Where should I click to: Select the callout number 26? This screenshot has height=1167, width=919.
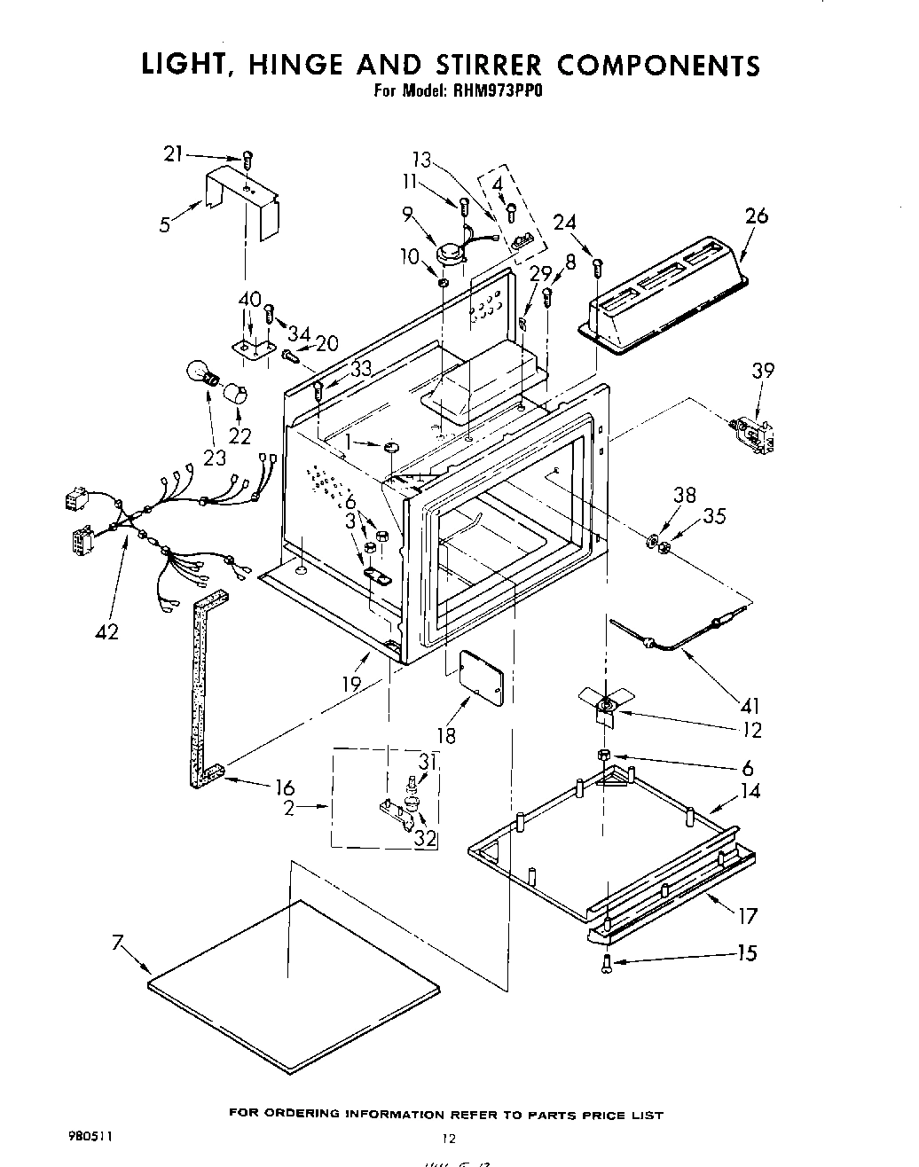[x=757, y=215]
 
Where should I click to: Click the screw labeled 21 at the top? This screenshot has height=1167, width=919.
[x=247, y=160]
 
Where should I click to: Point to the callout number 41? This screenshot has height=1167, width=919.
[x=750, y=706]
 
